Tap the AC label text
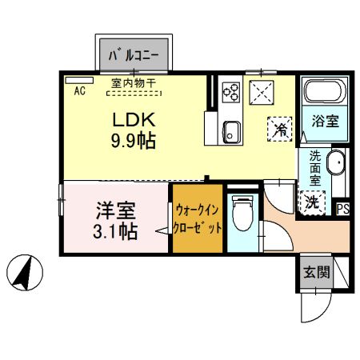[x=79, y=91]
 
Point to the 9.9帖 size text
[x=133, y=142]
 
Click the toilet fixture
[x=238, y=214]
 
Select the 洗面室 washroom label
[x=315, y=169]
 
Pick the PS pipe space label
[x=342, y=210]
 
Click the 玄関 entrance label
[x=315, y=273]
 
